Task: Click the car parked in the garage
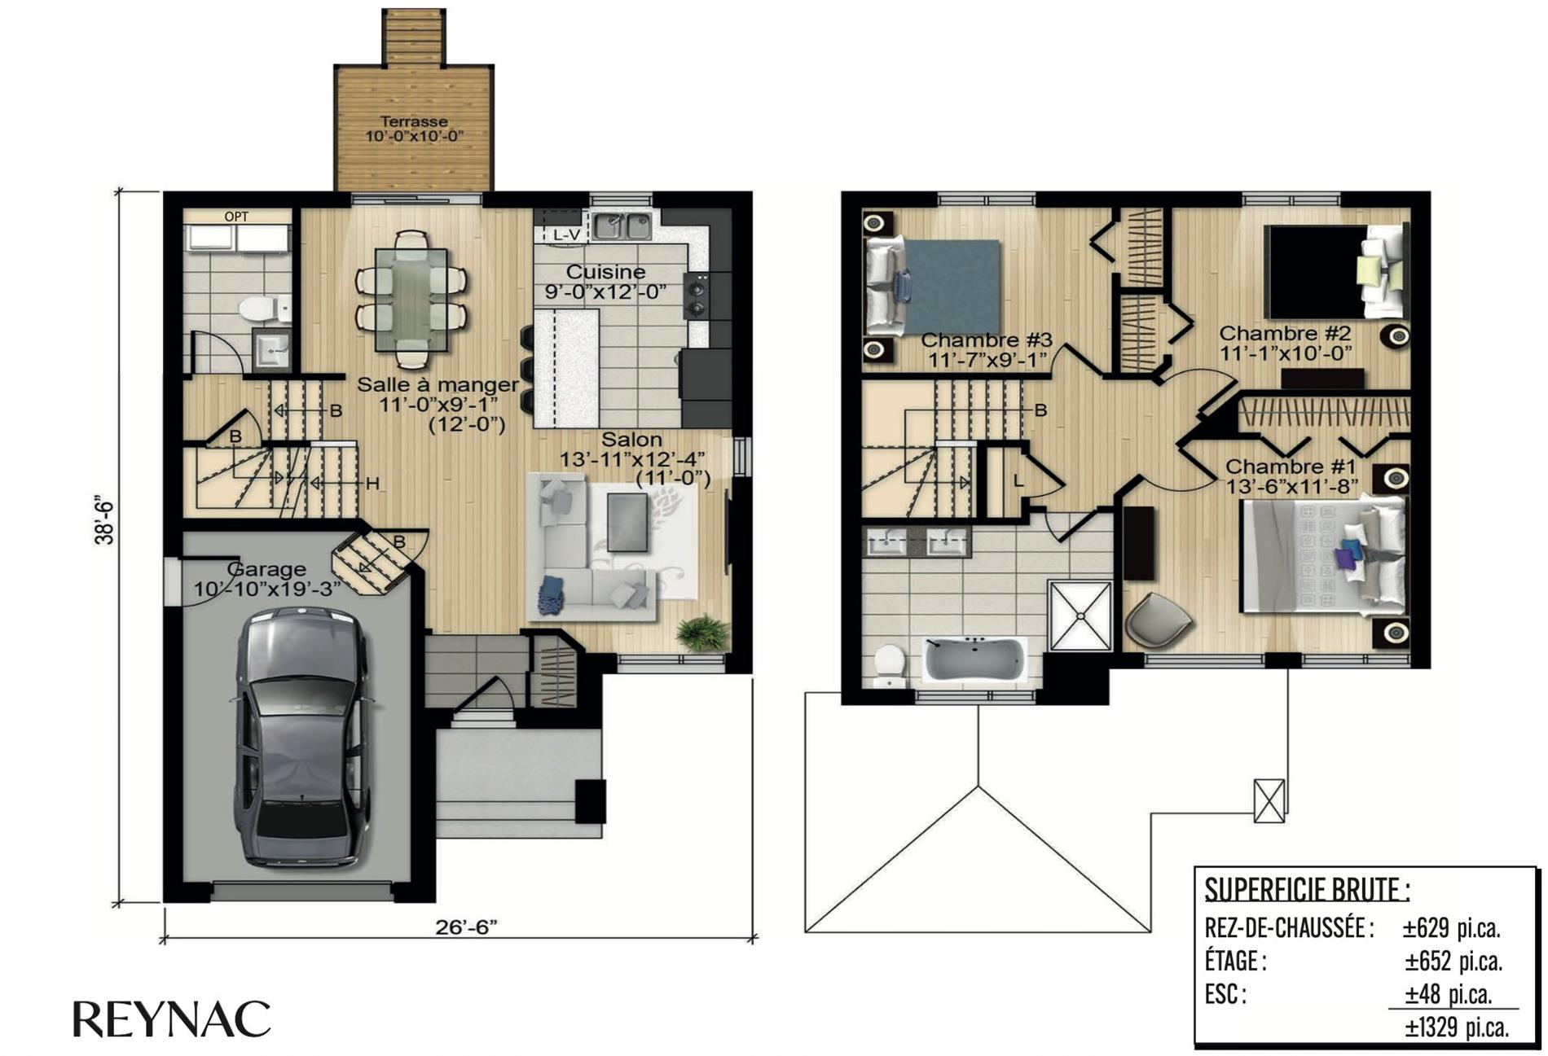(x=300, y=737)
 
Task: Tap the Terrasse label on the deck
(x=414, y=121)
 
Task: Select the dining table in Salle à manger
(x=411, y=299)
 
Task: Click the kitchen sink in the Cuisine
(x=622, y=226)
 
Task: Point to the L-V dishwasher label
(x=565, y=234)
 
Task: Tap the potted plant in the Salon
(x=702, y=633)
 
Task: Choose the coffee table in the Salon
(x=627, y=522)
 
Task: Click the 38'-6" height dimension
(x=103, y=521)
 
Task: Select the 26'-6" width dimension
(x=466, y=927)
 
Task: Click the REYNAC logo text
(x=172, y=1019)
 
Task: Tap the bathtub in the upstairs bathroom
(x=974, y=658)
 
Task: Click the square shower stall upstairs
(x=1080, y=616)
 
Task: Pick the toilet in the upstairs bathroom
(x=890, y=664)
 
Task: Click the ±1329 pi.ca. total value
(x=1457, y=1027)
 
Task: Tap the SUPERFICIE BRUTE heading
(x=1306, y=890)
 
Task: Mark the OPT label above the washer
(x=236, y=217)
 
